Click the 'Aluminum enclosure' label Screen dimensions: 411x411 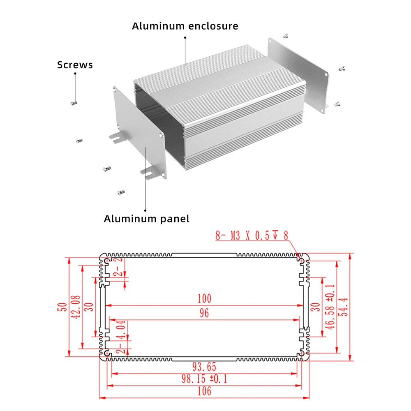(x=185, y=26)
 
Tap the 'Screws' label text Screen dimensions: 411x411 (x=75, y=65)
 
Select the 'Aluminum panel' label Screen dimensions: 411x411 (x=146, y=219)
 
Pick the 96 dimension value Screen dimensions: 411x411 (x=204, y=313)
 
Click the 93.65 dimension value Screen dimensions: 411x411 (x=204, y=367)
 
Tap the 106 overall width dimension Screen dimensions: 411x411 (x=204, y=391)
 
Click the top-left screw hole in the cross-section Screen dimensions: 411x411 (x=107, y=261)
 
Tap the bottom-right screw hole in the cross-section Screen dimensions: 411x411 (x=302, y=353)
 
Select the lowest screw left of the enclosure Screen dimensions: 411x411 (x=121, y=192)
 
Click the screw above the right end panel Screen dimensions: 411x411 (x=284, y=36)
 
